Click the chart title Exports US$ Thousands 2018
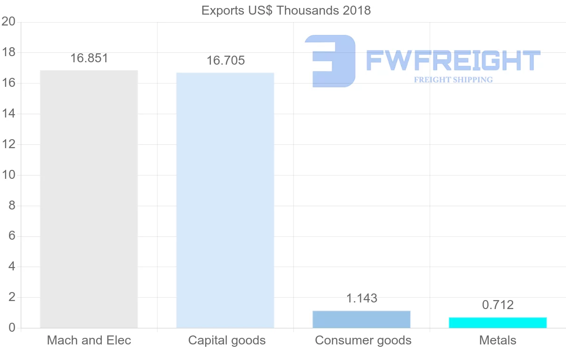pyautogui.click(x=286, y=10)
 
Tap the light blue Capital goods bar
pyautogui.click(x=225, y=201)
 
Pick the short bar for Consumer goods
pyautogui.click(x=361, y=319)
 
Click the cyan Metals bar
pyautogui.click(x=498, y=323)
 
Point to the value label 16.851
pyautogui.click(x=89, y=59)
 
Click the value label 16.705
pyautogui.click(x=225, y=61)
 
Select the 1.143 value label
pyautogui.click(x=362, y=299)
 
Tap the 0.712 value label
pyautogui.click(x=498, y=305)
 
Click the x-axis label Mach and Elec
pyautogui.click(x=89, y=340)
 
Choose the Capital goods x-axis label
pyautogui.click(x=227, y=340)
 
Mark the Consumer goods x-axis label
pyautogui.click(x=363, y=340)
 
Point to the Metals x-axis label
pyautogui.click(x=498, y=340)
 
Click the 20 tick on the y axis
pyautogui.click(x=8, y=22)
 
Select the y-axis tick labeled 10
pyautogui.click(x=8, y=175)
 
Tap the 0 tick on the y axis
pyautogui.click(x=12, y=328)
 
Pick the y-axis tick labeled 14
pyautogui.click(x=8, y=114)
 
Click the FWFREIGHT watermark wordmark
pyautogui.click(x=453, y=61)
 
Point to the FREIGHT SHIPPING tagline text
pyautogui.click(x=453, y=80)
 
